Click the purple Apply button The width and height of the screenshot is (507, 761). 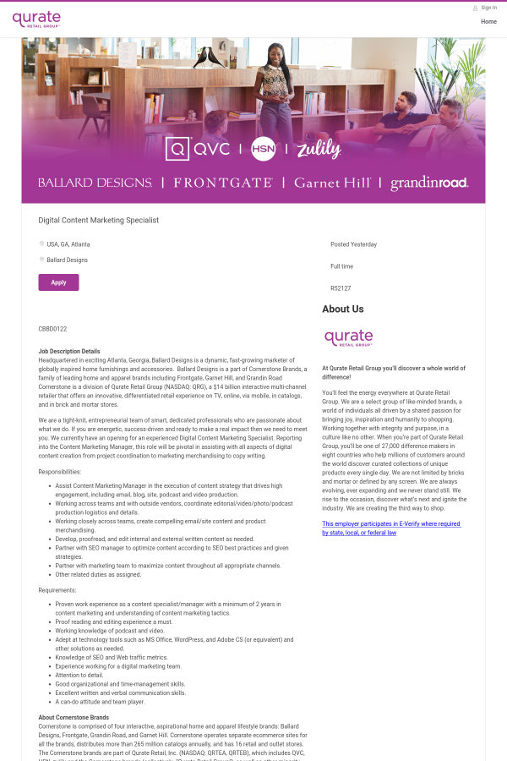(58, 282)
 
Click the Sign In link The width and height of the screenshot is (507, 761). (488, 8)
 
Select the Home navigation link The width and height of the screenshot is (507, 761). (488, 22)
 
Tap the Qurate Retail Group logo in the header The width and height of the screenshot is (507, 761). (36, 19)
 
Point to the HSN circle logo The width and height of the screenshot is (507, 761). (264, 149)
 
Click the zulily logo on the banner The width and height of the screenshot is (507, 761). (319, 150)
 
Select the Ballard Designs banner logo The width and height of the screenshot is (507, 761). (95, 183)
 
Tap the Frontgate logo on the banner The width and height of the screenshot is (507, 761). (223, 183)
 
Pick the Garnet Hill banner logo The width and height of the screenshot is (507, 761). (332, 183)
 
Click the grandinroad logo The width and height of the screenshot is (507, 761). (429, 183)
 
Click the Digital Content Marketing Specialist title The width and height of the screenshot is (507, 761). (99, 221)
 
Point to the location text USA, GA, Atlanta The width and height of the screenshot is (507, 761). (68, 244)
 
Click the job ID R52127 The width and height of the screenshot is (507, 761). (341, 288)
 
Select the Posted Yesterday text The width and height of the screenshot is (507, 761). (353, 244)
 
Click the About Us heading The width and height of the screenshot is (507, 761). (343, 309)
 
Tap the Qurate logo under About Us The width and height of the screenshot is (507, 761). (348, 337)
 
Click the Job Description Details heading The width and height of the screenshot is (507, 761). (69, 351)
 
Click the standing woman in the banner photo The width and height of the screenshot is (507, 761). (275, 80)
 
